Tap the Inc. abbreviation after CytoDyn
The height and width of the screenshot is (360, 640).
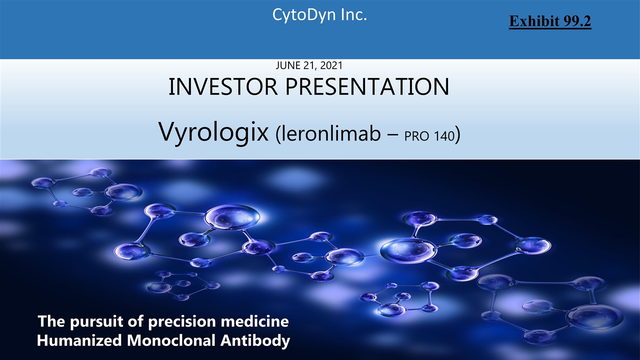pos(353,14)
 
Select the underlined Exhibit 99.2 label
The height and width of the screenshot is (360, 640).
pos(550,21)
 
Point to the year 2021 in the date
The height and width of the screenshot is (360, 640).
pos(331,65)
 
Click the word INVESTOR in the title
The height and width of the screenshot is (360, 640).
pos(223,86)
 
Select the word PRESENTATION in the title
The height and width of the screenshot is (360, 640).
pos(367,86)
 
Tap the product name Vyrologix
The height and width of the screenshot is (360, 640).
pos(213,132)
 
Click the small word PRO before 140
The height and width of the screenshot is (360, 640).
pos(417,136)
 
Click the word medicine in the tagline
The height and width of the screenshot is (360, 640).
pos(255,321)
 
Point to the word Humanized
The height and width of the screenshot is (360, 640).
pos(79,340)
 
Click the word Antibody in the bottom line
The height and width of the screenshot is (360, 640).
pos(255,341)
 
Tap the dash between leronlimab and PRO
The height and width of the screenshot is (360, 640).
pos(393,135)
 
